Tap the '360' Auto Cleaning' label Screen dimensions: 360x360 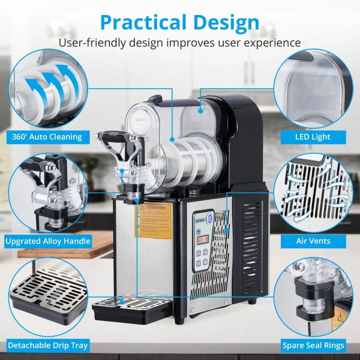(x=46, y=137)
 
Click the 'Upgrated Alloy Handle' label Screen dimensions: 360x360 (x=48, y=241)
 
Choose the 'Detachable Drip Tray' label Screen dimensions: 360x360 (x=48, y=346)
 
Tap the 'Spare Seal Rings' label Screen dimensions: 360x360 (x=313, y=346)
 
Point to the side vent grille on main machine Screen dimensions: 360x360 (x=252, y=246)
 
